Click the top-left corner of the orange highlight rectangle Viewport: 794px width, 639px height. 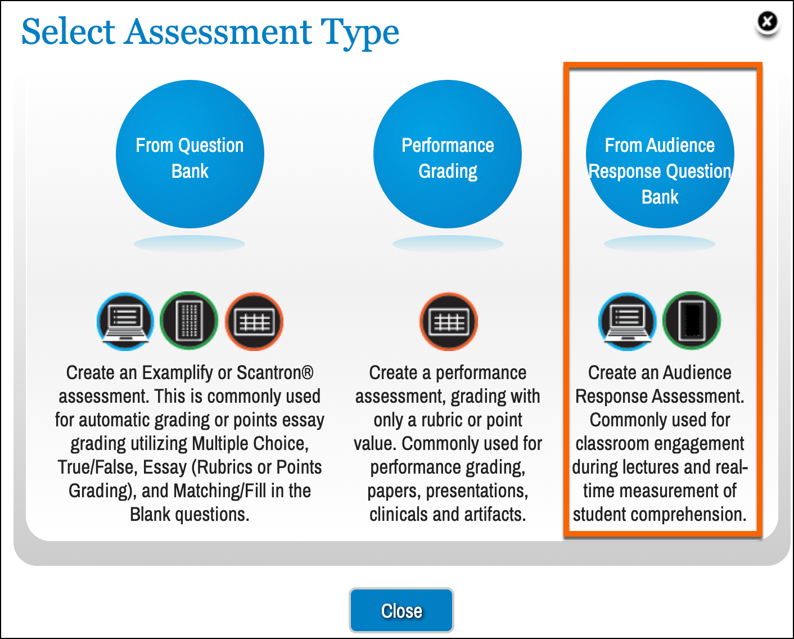(564, 62)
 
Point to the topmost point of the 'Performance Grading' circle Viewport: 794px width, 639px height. (447, 80)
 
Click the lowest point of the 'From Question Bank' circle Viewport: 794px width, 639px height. (190, 228)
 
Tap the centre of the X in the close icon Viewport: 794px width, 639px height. (768, 21)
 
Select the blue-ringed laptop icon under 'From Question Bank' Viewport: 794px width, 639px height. (125, 321)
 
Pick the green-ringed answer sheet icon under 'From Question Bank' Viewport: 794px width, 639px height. (189, 321)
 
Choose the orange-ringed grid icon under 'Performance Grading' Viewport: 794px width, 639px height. (449, 322)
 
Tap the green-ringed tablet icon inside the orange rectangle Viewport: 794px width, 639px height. (692, 321)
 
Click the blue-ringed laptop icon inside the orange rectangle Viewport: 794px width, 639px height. (627, 321)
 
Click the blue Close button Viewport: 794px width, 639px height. (401, 610)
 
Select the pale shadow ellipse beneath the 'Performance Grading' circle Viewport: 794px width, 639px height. (448, 244)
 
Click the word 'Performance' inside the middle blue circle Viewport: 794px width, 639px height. (448, 145)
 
